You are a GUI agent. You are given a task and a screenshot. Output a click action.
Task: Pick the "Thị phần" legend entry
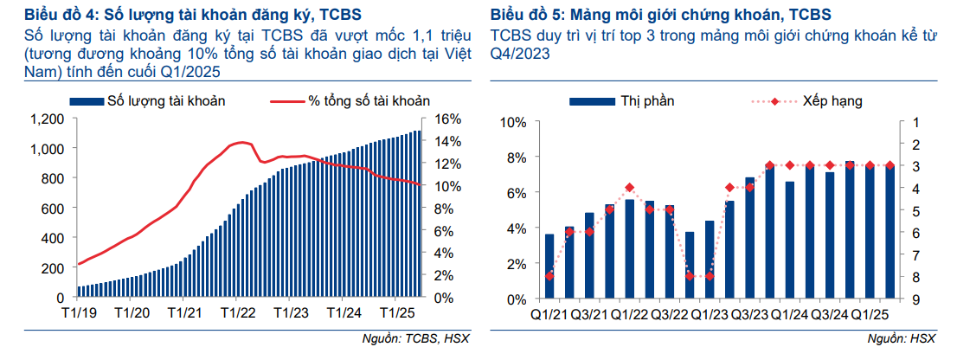click(646, 101)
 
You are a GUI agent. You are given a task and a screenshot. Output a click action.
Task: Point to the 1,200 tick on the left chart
click(48, 119)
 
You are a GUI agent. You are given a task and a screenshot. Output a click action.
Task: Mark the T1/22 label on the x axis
click(235, 313)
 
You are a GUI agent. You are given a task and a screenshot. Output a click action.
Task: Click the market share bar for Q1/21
click(549, 267)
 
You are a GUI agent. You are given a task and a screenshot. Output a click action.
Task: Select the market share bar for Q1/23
click(710, 260)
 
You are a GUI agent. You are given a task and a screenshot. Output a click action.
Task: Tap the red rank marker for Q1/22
click(629, 188)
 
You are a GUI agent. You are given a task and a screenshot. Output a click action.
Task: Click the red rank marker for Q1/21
click(549, 276)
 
